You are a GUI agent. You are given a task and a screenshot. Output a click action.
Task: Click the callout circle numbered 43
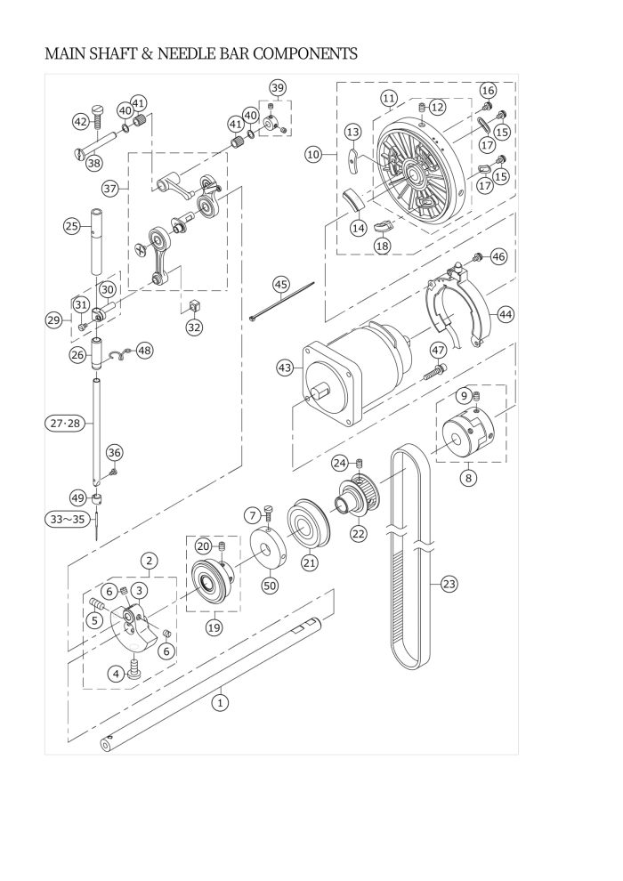tap(285, 368)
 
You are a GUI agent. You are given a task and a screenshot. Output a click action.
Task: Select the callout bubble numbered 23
tap(449, 585)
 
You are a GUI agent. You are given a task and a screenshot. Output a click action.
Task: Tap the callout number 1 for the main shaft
tap(221, 702)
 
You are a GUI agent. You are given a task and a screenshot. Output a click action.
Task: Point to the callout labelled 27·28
tap(66, 423)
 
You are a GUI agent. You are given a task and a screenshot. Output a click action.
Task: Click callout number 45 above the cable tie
tap(281, 285)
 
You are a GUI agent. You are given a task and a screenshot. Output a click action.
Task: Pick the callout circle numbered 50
tap(271, 585)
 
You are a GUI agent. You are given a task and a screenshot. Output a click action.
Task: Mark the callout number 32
tap(194, 327)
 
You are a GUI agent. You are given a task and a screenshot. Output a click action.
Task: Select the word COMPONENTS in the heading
tap(305, 54)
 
